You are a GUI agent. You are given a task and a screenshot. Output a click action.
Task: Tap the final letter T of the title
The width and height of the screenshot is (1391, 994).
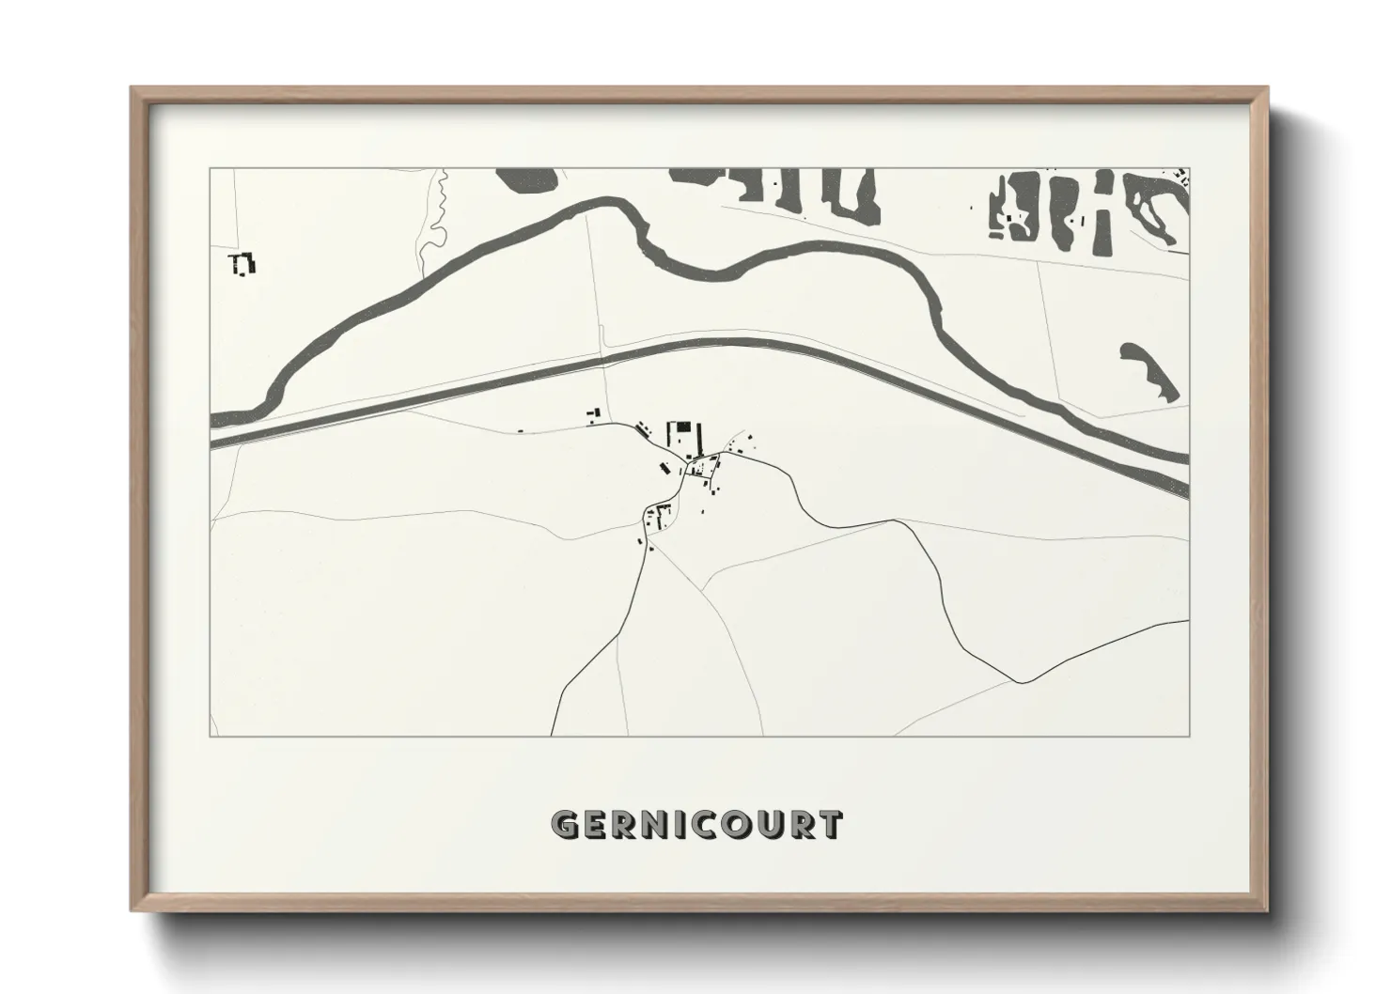(830, 825)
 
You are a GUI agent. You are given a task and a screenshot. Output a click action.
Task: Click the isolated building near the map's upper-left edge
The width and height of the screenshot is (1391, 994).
(242, 263)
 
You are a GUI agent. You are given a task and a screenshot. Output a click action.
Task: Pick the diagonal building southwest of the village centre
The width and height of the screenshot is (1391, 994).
(664, 468)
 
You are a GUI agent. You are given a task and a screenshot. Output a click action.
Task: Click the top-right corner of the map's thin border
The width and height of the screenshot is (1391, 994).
(1189, 169)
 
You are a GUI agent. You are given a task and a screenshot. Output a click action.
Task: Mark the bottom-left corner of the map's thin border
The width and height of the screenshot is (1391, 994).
(211, 736)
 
